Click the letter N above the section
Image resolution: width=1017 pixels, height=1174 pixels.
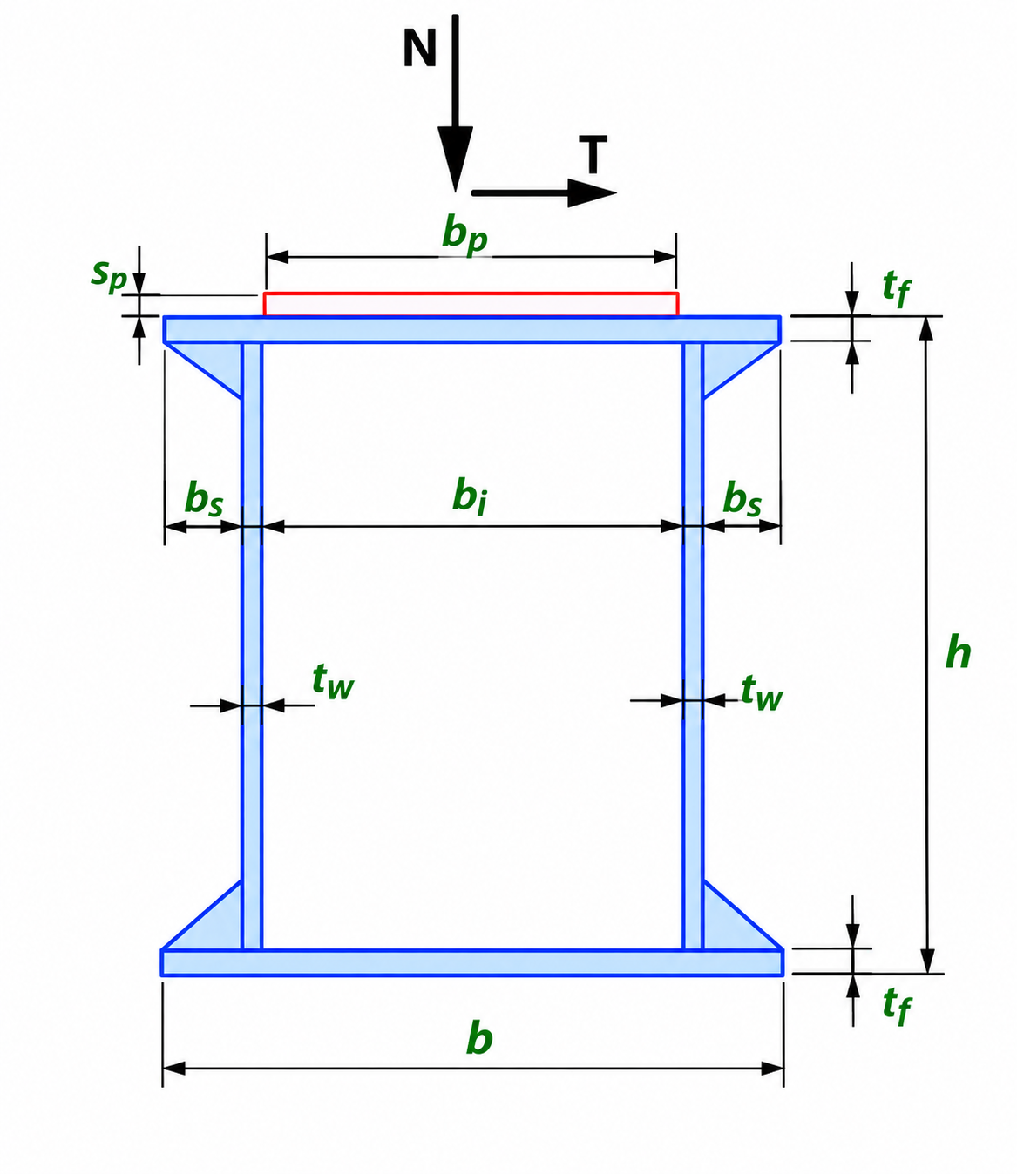[419, 48]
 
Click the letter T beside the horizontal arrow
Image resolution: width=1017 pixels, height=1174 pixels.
[593, 154]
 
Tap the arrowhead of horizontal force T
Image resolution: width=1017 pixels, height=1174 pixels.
[592, 193]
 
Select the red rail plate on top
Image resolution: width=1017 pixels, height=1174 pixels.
[471, 304]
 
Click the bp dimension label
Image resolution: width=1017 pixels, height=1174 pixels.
[464, 237]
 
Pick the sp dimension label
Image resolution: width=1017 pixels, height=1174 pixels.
[109, 277]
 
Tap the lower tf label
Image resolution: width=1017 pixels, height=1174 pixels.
[897, 1007]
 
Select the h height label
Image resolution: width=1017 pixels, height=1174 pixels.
[959, 652]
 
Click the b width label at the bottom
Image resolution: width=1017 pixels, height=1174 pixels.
[479, 1038]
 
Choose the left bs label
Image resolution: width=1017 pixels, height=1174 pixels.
[204, 499]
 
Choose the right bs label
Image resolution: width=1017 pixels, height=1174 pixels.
[742, 499]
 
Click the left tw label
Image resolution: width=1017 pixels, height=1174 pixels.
[333, 682]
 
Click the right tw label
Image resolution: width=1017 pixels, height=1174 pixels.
[763, 692]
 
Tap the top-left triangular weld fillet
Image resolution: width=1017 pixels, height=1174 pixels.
[217, 361]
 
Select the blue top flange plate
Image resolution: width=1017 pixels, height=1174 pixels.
[471, 329]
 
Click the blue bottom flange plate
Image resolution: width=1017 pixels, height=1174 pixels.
[472, 962]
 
